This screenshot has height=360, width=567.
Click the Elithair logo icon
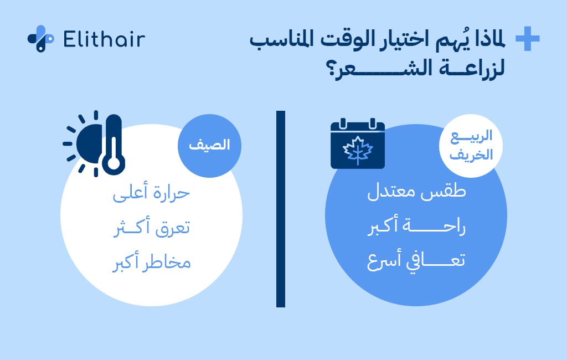(40, 39)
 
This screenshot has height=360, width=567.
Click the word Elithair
(104, 39)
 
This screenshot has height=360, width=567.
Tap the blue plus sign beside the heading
(527, 39)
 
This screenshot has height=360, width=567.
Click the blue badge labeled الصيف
(203, 146)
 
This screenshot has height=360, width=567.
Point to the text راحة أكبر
(416, 227)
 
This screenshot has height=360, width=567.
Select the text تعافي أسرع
(416, 260)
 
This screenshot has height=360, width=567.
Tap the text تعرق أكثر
(151, 227)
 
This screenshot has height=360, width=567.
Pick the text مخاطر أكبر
(151, 260)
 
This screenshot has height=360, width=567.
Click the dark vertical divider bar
(280, 209)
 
